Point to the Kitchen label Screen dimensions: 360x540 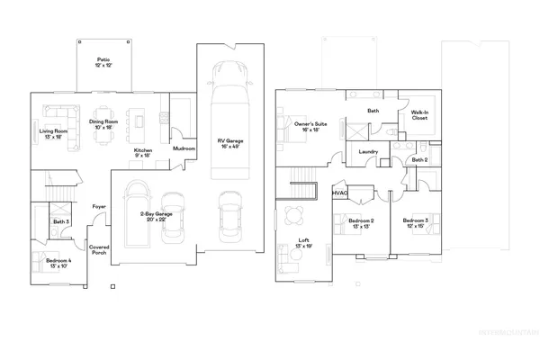(x=142, y=153)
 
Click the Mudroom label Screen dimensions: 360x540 (x=184, y=148)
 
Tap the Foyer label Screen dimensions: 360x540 (x=99, y=207)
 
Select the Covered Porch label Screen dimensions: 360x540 (x=99, y=249)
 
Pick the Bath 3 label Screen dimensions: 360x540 (x=61, y=221)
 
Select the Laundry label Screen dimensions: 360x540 (x=367, y=152)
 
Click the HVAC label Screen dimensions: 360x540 (x=341, y=192)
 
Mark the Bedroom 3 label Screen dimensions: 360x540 (x=416, y=223)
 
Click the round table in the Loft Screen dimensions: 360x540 (x=294, y=215)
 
